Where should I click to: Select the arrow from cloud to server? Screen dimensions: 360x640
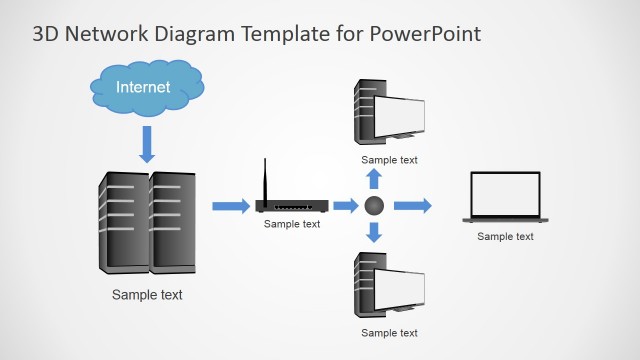148,144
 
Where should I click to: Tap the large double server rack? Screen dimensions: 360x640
147,222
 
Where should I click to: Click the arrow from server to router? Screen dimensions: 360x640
230,206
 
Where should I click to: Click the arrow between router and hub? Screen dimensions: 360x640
345,206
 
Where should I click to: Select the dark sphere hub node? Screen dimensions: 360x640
375,206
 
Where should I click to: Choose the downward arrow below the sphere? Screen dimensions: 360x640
375,233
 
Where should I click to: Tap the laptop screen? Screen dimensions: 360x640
505,193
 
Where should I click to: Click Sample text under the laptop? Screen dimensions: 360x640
505,236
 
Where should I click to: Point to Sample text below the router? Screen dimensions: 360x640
292,224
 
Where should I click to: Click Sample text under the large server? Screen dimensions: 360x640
147,295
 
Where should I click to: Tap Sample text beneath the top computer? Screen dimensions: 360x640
389,159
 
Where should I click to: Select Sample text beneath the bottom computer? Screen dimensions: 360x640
389,333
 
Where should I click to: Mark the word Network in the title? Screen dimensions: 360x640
103,34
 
